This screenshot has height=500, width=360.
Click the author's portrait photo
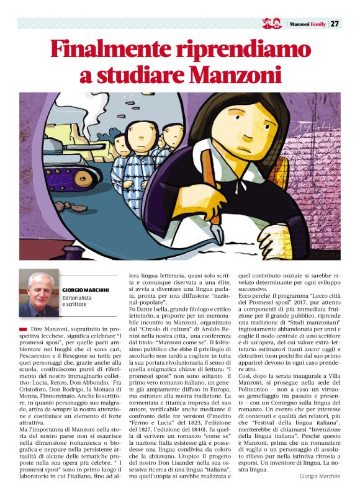tap(39, 293)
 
